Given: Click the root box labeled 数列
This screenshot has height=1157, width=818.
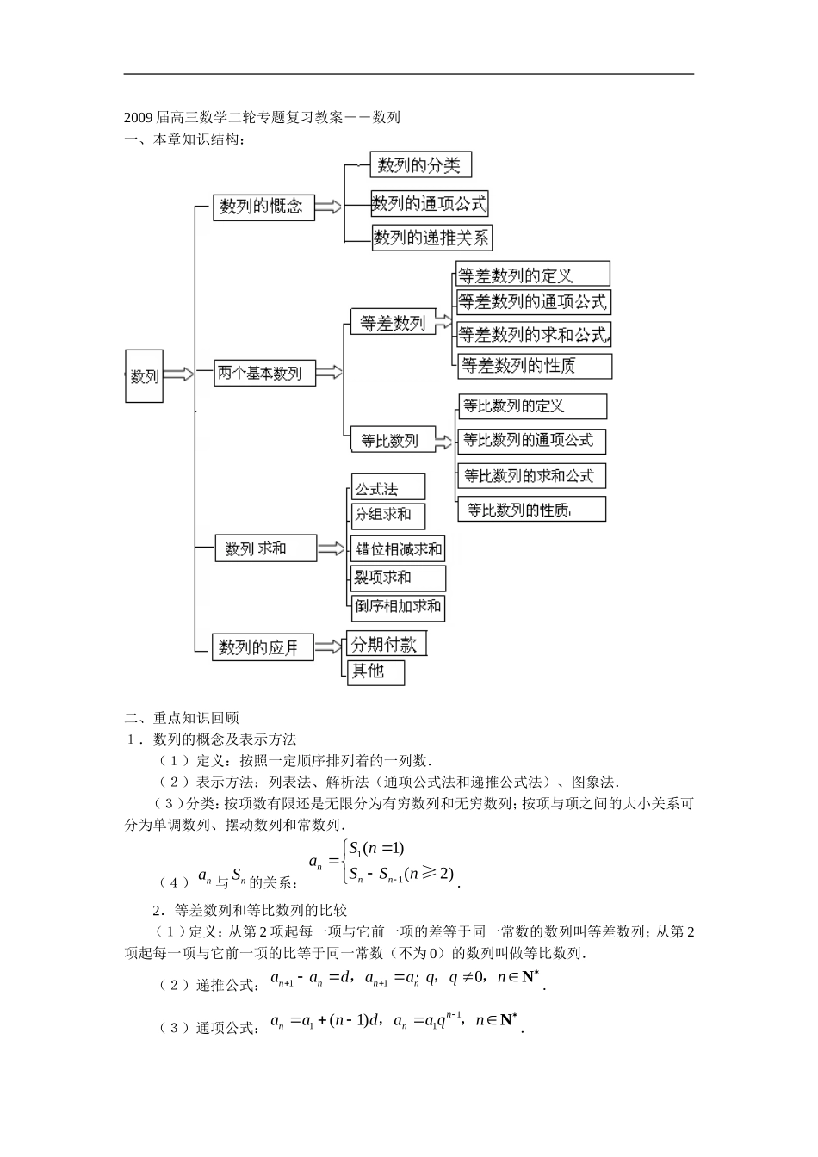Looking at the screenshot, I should (144, 375).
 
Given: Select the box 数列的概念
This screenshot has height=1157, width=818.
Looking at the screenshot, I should (263, 207).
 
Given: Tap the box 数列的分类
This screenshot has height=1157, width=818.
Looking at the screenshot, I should (420, 164).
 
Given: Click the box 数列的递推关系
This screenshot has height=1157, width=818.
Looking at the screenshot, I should (432, 238).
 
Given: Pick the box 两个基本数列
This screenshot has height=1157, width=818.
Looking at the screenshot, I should (263, 373).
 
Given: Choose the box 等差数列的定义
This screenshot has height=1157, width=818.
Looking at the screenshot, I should (532, 275).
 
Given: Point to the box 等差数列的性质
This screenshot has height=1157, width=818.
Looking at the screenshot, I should (535, 366).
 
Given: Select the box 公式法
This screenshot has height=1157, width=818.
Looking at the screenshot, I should (387, 487).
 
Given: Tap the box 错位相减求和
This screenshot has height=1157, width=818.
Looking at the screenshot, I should (398, 548).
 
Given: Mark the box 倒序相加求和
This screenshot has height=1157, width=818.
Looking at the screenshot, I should (398, 607).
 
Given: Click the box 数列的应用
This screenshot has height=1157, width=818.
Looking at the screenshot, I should (263, 647).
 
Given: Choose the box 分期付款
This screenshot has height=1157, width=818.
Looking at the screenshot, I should (387, 643).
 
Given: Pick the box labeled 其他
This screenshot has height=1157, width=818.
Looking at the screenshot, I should (376, 671).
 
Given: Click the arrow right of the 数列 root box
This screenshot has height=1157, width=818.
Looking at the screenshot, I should (178, 374).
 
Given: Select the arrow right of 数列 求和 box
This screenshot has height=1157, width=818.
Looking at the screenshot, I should (331, 548).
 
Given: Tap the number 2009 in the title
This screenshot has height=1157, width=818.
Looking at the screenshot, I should (139, 118).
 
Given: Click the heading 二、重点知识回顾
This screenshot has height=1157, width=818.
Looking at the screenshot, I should (182, 717).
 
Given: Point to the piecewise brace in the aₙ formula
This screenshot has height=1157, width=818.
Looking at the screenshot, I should (344, 860).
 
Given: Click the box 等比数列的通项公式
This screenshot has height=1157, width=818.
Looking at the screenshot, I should (531, 441).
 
